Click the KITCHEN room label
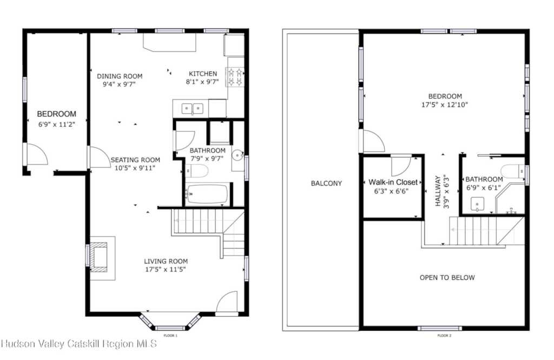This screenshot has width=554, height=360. tap(203, 74)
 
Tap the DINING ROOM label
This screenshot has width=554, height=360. tap(120, 76)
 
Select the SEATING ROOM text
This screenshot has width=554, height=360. tap(135, 160)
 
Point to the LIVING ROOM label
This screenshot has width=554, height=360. tap(166, 261)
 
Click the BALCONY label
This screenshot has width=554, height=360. tap(326, 183)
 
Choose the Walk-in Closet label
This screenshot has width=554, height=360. tap(393, 182)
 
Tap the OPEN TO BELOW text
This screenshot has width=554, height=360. tap(447, 278)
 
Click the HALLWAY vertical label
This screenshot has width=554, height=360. tap(438, 191)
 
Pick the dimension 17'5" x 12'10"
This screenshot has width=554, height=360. tap(445, 104)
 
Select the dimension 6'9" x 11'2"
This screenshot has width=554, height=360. tap(57, 124)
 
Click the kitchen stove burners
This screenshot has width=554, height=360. tap(235, 77)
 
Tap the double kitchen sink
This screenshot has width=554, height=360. tap(192, 108)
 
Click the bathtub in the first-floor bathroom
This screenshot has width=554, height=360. tap(207, 194)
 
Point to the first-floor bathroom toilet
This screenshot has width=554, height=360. tap(197, 172)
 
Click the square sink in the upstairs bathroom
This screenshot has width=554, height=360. tap(477, 204)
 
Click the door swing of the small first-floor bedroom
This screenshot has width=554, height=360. tap(37, 154)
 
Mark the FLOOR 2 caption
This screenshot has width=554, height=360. tap(445, 336)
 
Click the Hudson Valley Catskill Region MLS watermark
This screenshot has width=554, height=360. tap(79, 344)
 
